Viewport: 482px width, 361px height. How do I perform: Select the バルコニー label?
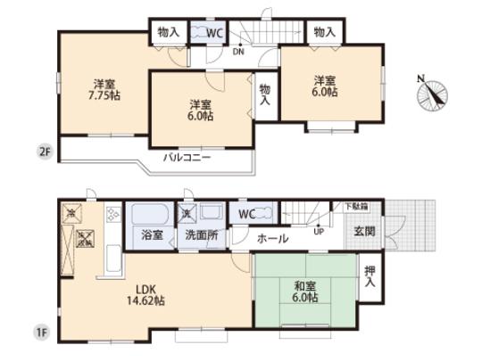[x=187, y=157]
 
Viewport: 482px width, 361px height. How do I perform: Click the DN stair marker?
[x=238, y=51]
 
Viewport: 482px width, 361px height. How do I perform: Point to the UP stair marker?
[x=318, y=231]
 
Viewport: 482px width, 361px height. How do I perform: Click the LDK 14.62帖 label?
[x=147, y=294]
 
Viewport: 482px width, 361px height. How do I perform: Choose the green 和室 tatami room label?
[x=304, y=291]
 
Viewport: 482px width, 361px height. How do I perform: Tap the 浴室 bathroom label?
[x=152, y=236]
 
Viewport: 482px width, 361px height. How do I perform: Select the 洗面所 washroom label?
[x=200, y=236]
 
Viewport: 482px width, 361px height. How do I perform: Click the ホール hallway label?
[x=272, y=239]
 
